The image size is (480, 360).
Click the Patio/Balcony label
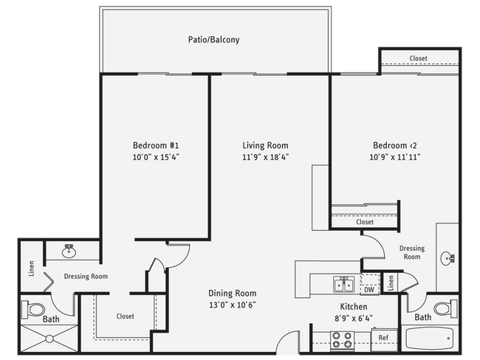213,40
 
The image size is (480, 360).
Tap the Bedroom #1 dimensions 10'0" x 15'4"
156,157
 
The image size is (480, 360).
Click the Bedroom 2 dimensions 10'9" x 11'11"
396,157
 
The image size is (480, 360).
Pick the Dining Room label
232,293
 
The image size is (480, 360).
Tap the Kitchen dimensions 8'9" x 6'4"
346,319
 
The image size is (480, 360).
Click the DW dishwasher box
368,289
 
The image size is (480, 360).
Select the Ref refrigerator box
383,338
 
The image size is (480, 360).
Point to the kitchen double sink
340,284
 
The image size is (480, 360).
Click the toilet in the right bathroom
442,308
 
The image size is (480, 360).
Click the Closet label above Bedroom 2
418,58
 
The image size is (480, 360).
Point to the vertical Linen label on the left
32,269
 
